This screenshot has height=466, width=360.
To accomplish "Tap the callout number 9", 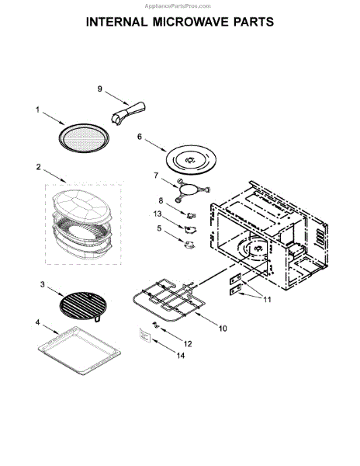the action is click(x=100, y=89).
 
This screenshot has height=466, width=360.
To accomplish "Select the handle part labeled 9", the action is click(x=128, y=113).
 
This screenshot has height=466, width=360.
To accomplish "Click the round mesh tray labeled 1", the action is click(x=84, y=138).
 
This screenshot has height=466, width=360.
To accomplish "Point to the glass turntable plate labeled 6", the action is click(x=191, y=160).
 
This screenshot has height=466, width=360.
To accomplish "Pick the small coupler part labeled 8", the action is click(x=192, y=215).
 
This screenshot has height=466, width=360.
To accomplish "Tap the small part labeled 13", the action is click(x=191, y=229).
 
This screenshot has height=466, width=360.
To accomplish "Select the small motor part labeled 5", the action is click(x=190, y=245).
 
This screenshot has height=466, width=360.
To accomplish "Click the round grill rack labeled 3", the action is click(x=83, y=306).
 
